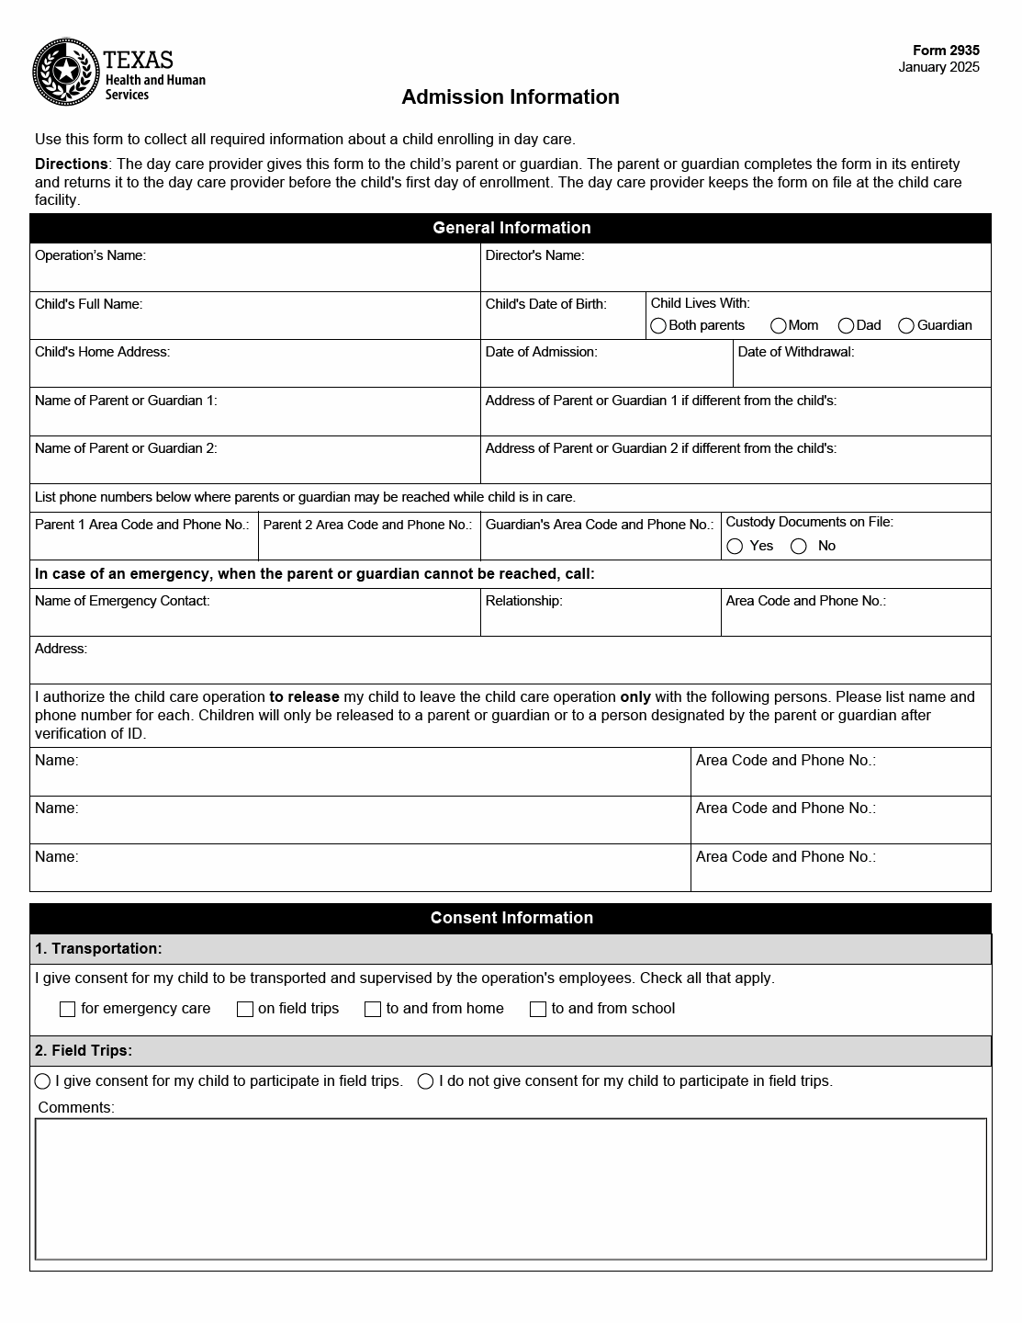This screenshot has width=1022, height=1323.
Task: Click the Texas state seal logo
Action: click(66, 72)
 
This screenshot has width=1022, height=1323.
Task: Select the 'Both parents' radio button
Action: click(658, 326)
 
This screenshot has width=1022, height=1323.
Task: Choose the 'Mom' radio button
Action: click(779, 326)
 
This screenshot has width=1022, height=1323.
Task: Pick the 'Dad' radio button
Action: click(847, 326)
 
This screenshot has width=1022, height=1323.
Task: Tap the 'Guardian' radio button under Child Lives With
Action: click(906, 326)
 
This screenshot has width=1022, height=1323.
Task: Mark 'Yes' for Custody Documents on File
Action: click(735, 547)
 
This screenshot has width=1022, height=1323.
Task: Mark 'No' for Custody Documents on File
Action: click(799, 547)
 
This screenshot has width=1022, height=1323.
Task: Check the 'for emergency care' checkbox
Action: click(67, 1009)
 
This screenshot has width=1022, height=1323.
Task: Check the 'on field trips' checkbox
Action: click(245, 1009)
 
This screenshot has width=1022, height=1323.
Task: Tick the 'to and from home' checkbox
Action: click(373, 1009)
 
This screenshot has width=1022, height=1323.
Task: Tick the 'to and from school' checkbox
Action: click(538, 1009)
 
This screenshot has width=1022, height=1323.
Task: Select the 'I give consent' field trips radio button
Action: click(43, 1081)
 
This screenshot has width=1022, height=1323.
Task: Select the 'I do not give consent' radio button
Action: click(425, 1081)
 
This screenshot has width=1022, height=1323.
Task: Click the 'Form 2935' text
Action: click(946, 51)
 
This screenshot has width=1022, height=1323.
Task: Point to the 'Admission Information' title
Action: click(511, 97)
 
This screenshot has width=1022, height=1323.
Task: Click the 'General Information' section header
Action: click(511, 228)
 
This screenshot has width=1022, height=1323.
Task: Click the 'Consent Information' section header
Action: click(511, 918)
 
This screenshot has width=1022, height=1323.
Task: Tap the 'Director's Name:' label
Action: click(534, 255)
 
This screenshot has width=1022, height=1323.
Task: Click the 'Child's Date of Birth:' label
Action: click(545, 304)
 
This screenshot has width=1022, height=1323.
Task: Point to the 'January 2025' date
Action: click(938, 67)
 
